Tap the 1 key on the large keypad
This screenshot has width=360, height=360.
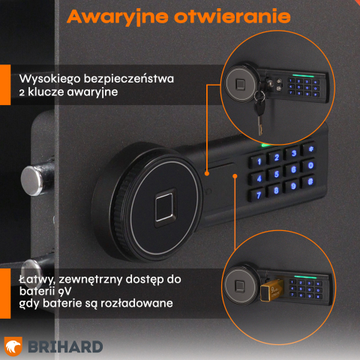click(259, 160)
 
